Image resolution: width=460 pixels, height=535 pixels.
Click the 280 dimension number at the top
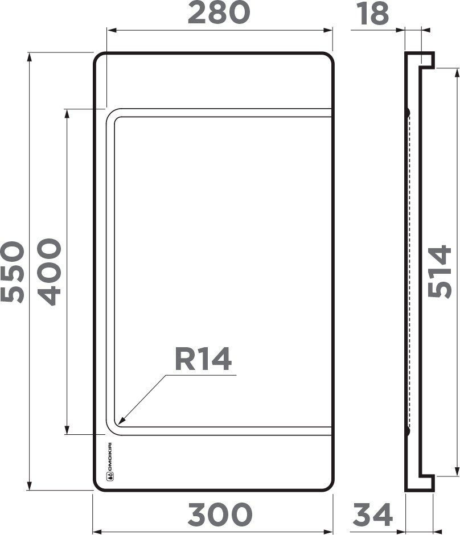(x=219, y=14)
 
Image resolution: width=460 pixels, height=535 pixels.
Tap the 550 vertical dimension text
(x=13, y=271)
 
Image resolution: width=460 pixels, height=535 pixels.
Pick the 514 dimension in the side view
(x=441, y=271)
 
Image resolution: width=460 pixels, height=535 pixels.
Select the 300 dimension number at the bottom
(x=220, y=515)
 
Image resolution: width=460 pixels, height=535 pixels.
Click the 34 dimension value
(x=373, y=515)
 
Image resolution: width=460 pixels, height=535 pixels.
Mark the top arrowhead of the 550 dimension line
(x=30, y=56)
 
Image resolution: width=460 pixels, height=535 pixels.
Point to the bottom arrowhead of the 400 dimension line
(x=67, y=431)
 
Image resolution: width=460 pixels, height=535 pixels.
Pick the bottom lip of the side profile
(x=427, y=483)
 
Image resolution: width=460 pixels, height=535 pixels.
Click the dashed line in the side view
(x=409, y=271)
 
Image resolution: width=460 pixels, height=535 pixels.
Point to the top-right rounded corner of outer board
(x=328, y=58)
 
